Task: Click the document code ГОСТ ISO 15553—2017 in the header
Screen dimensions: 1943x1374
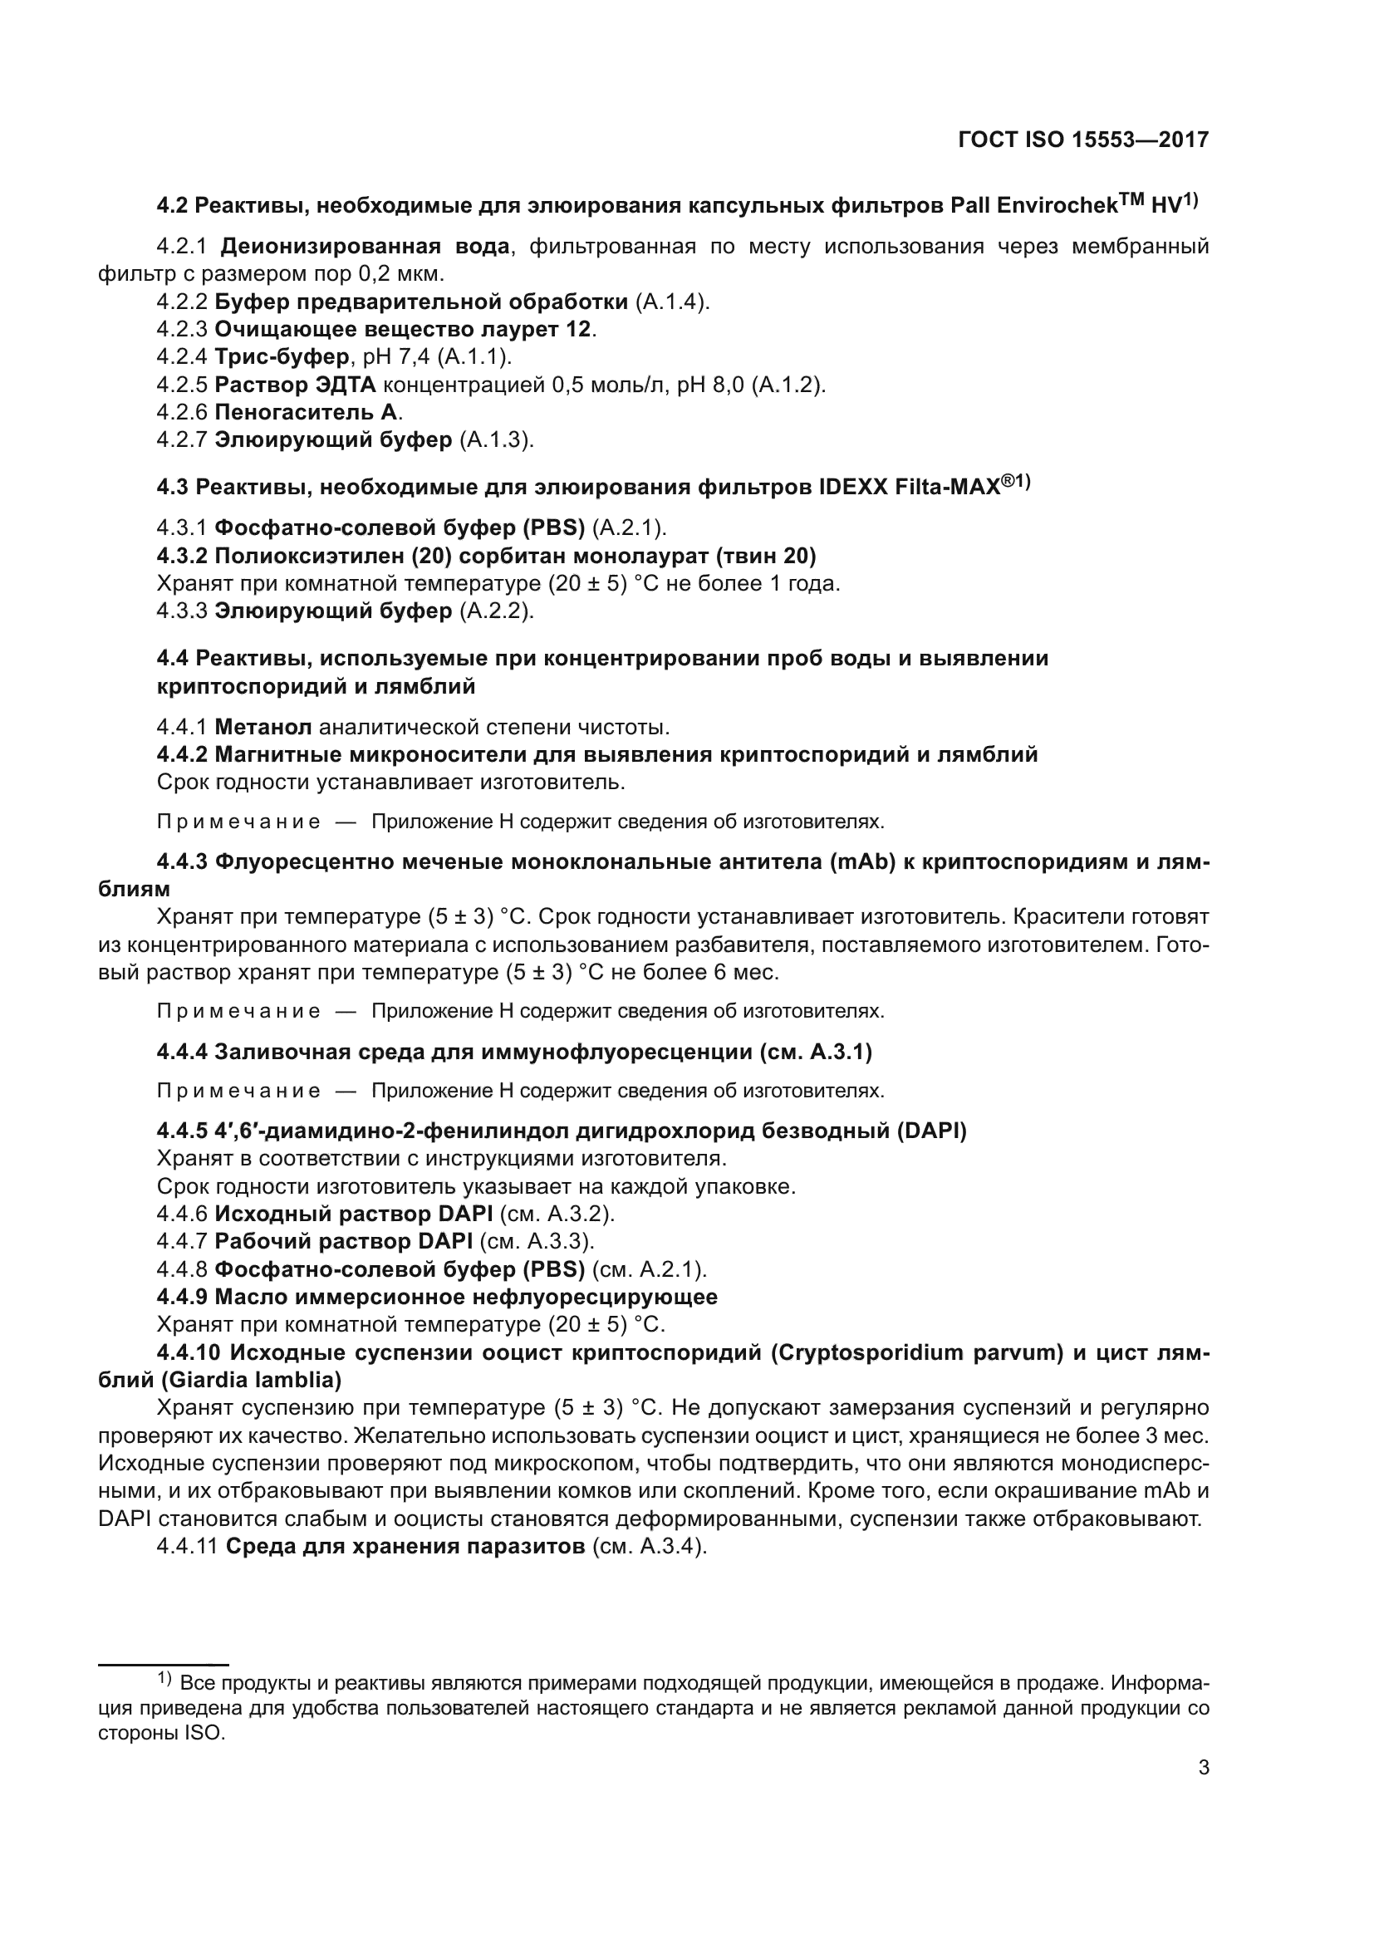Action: pos(1083,140)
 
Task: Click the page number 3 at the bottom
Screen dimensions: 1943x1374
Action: pos(1204,1767)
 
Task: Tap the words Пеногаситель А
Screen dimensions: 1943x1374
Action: pos(308,412)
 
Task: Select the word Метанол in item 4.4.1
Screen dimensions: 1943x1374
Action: pos(263,727)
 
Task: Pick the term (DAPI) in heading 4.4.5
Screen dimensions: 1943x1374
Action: pos(931,1131)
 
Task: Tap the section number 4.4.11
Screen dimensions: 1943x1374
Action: pos(187,1546)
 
